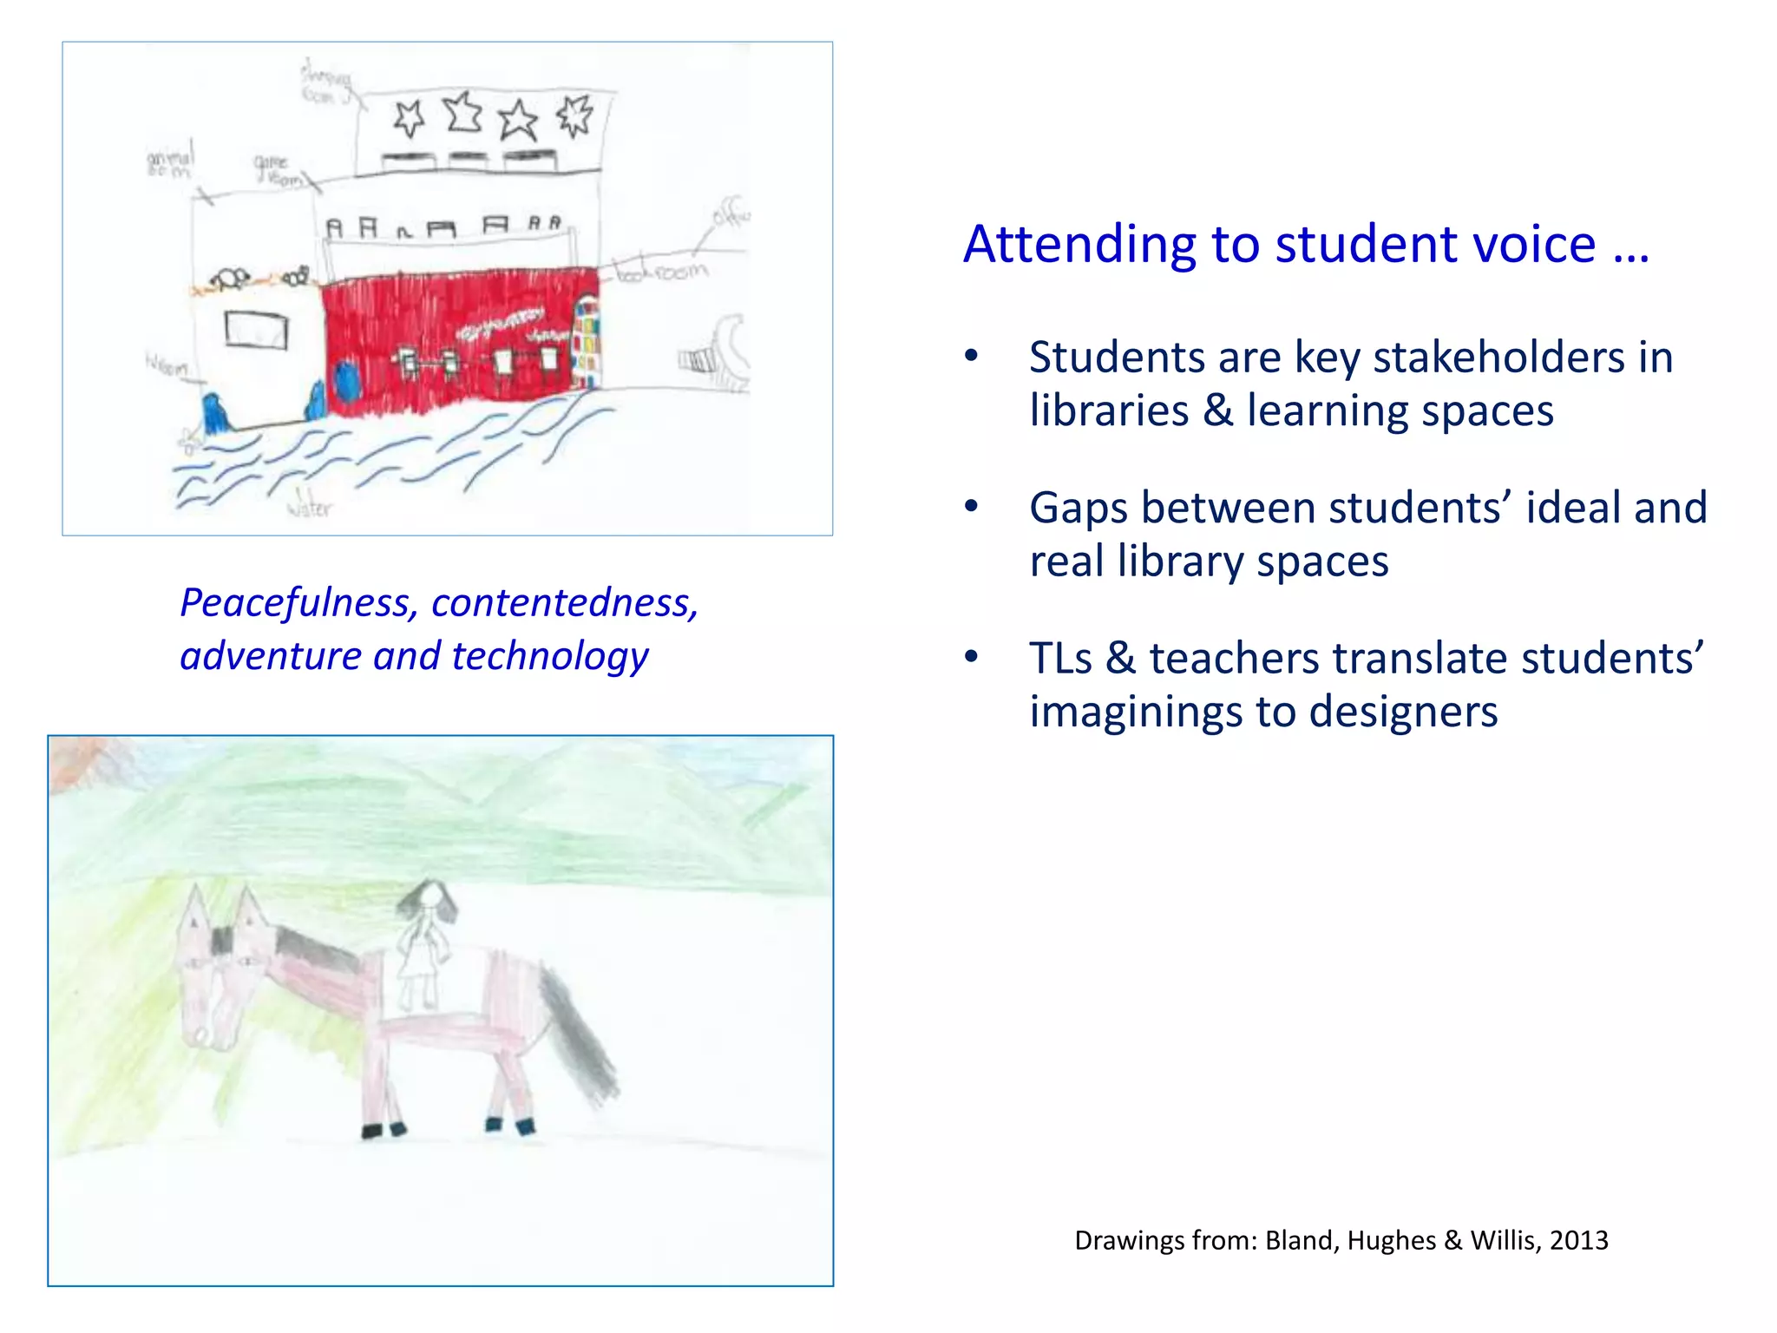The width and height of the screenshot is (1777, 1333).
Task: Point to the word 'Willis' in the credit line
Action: (x=1497, y=1240)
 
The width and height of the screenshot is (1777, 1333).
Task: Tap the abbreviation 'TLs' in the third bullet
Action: (x=1060, y=658)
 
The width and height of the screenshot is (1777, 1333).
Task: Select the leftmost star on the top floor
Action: (x=410, y=118)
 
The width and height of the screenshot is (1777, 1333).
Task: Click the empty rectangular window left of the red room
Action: (x=256, y=329)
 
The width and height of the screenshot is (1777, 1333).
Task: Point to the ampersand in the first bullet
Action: (x=1218, y=410)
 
